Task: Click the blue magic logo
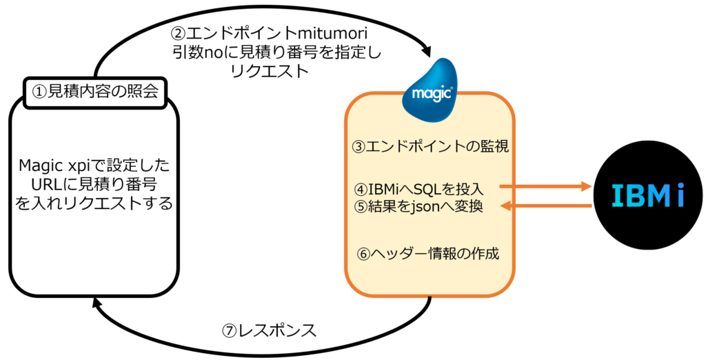pyautogui.click(x=431, y=91)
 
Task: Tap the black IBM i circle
pyautogui.click(x=647, y=196)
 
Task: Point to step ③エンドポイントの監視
pyautogui.click(x=430, y=146)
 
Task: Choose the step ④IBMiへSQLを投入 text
pyautogui.click(x=425, y=188)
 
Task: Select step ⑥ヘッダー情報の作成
pyautogui.click(x=427, y=254)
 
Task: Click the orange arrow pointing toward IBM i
pyautogui.click(x=545, y=186)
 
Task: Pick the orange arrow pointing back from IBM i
pyautogui.click(x=546, y=206)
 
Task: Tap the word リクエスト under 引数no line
pyautogui.click(x=270, y=72)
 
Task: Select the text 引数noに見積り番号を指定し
pyautogui.click(x=277, y=52)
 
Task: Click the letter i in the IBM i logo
pyautogui.click(x=680, y=196)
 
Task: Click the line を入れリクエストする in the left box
pyautogui.click(x=94, y=203)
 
